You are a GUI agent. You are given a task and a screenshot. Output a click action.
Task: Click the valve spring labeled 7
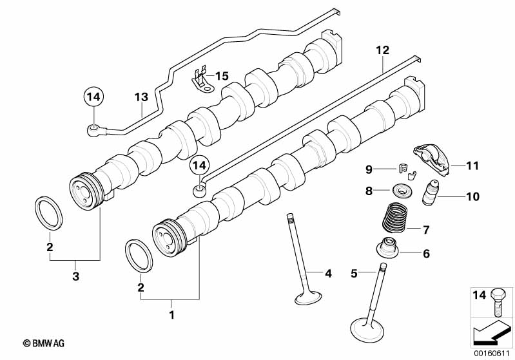395,216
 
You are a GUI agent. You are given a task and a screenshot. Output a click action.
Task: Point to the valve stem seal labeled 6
387,249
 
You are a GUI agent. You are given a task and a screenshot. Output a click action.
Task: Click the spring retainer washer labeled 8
400,190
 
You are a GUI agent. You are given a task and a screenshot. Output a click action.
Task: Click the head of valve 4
308,298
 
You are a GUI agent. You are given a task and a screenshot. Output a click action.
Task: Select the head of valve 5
367,330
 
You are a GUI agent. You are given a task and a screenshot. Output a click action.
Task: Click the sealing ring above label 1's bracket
139,256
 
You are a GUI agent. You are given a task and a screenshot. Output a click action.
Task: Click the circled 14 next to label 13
93,97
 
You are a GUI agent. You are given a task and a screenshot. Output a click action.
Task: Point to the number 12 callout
383,50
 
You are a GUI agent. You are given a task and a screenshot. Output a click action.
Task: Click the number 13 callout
141,97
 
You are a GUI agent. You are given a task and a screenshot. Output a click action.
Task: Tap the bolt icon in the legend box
499,301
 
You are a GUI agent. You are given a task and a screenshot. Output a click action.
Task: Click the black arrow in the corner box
492,332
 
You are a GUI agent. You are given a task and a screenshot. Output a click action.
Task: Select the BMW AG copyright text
44,343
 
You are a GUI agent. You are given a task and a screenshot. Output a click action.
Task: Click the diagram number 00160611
491,354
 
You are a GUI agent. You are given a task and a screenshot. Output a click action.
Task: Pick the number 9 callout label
369,169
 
